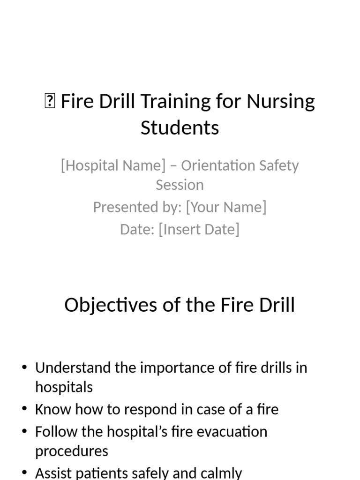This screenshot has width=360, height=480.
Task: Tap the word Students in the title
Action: [180, 127]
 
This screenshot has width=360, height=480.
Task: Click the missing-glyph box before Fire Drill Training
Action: [50, 102]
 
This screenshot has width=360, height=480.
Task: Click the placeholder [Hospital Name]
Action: [113, 165]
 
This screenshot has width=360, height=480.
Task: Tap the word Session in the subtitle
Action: [180, 185]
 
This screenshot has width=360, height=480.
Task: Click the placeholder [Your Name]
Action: [226, 207]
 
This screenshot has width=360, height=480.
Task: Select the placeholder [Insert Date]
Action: [199, 229]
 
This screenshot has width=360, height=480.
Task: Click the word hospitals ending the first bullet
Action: [64, 387]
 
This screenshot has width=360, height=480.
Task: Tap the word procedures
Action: [71, 451]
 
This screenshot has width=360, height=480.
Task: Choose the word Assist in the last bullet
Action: [55, 473]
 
